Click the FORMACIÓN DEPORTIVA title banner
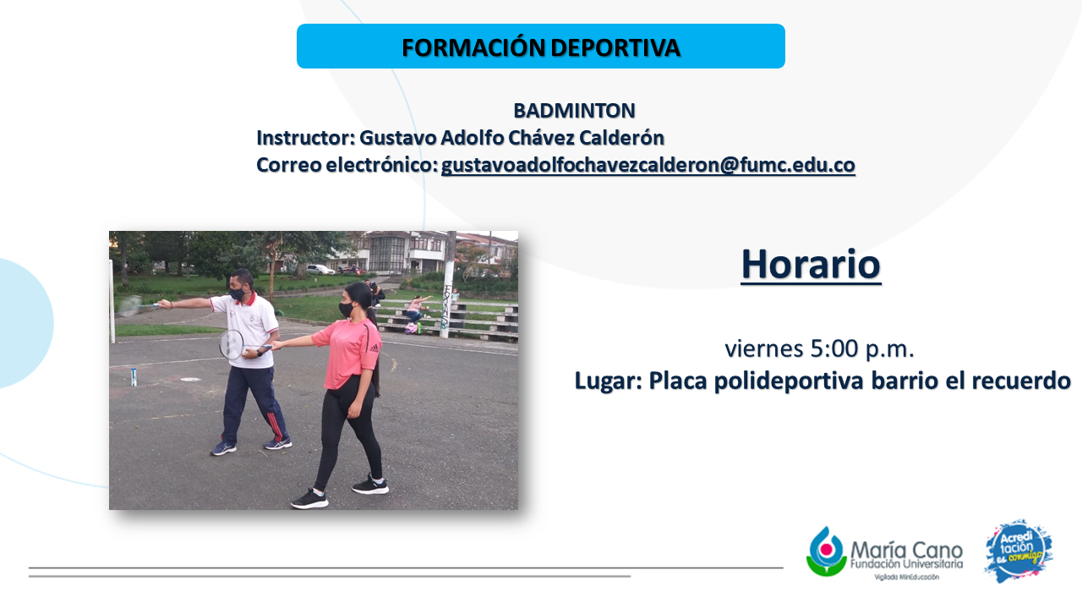tap(540, 46)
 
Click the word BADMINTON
tap(574, 111)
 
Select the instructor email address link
tap(648, 165)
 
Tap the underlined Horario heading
tap(811, 264)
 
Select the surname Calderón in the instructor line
tap(621, 138)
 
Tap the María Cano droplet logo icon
tap(827, 551)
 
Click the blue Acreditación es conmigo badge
tap(1019, 551)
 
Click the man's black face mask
tap(238, 293)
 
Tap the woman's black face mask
tap(346, 310)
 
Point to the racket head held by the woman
tap(231, 344)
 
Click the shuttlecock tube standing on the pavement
tap(134, 377)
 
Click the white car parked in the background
tap(320, 269)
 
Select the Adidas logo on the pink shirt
tap(374, 347)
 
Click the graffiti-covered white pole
tap(449, 284)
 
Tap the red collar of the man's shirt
tap(246, 299)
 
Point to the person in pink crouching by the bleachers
tap(416, 310)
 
